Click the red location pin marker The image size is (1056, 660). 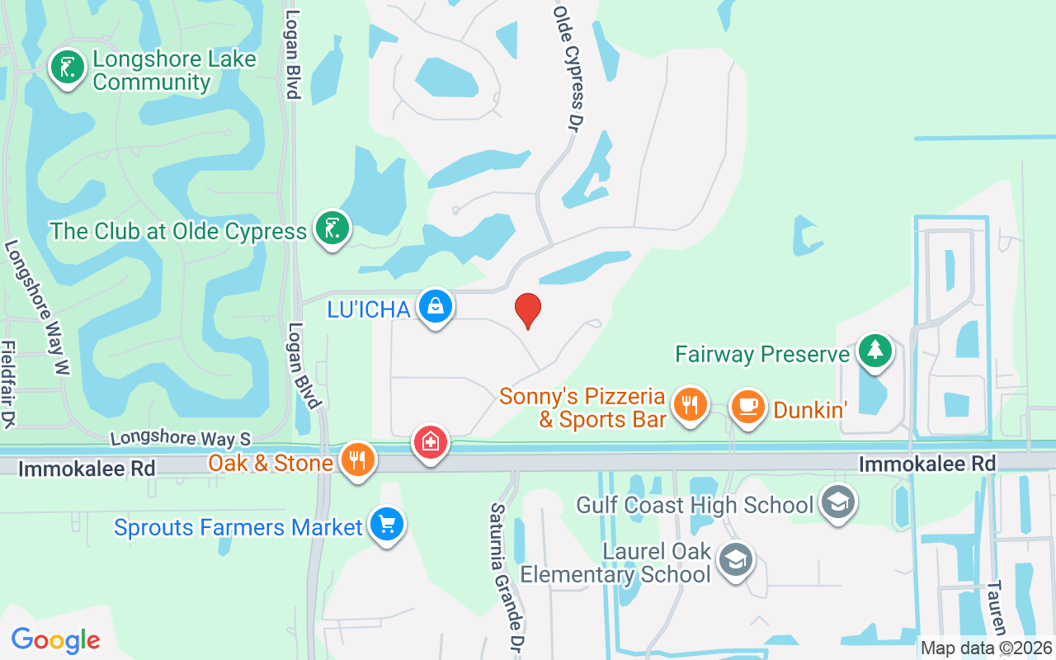tap(528, 309)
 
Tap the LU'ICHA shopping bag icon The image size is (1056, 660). tap(435, 306)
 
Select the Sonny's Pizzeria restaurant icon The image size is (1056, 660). tap(691, 404)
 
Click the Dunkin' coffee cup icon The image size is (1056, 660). tap(748, 406)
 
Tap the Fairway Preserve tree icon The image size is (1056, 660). tap(874, 351)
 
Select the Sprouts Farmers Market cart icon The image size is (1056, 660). tap(385, 524)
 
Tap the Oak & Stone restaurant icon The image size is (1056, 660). tap(357, 460)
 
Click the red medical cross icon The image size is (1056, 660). tap(430, 443)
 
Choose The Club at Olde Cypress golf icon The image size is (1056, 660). tap(332, 229)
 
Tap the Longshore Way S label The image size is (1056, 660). tap(180, 437)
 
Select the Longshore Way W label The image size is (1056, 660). tap(36, 309)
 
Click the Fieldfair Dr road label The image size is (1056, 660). tap(8, 384)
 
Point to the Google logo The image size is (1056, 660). tap(55, 639)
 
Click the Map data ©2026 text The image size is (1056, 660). tap(987, 648)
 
